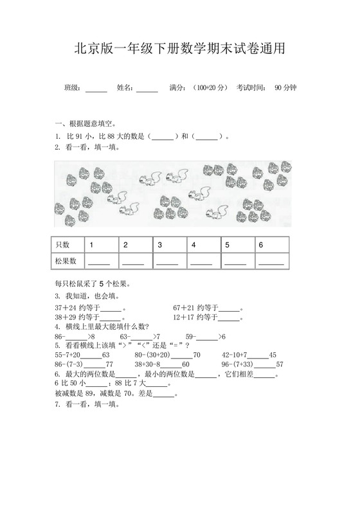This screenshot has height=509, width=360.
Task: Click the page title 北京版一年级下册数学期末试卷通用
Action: click(x=179, y=49)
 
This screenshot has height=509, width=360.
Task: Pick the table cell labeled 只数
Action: click(x=62, y=245)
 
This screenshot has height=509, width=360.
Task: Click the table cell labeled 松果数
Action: click(x=66, y=261)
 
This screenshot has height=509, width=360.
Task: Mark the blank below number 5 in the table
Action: click(x=235, y=262)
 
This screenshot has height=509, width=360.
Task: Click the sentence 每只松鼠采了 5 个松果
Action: click(x=93, y=283)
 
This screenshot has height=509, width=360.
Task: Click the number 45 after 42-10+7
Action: click(x=273, y=355)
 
